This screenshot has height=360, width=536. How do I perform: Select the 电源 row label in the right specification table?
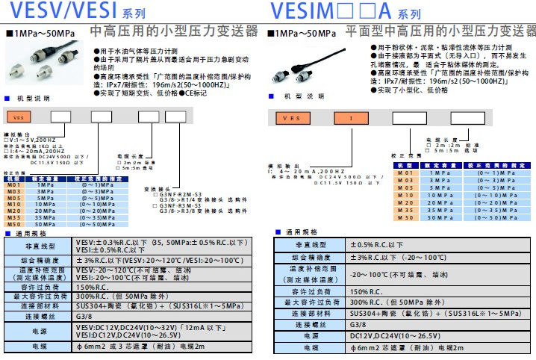tap(307, 336)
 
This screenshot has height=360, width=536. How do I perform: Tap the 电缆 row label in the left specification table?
tap(39, 347)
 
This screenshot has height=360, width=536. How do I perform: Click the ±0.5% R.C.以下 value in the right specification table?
tap(378, 244)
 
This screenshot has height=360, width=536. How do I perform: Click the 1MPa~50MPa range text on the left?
tap(41, 33)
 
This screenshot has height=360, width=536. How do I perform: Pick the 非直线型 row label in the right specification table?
tap(307, 244)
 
